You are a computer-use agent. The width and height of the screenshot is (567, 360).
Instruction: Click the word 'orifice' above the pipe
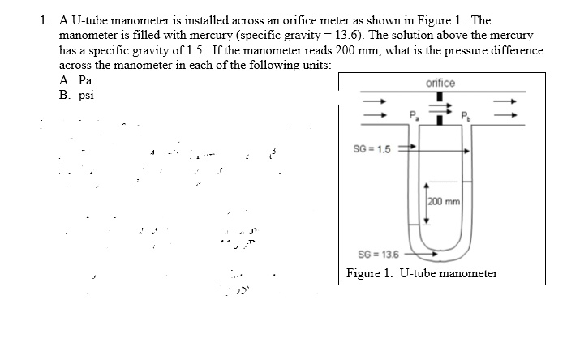[440, 84]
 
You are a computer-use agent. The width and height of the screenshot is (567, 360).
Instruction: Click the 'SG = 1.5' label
[372, 149]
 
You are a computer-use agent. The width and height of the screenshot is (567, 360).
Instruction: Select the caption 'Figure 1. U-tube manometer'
[422, 273]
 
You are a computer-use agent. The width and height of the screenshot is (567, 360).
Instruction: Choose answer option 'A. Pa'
[75, 81]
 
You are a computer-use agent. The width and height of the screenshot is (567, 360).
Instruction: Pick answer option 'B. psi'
[76, 95]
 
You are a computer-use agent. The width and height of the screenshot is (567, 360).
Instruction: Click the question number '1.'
[45, 20]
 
